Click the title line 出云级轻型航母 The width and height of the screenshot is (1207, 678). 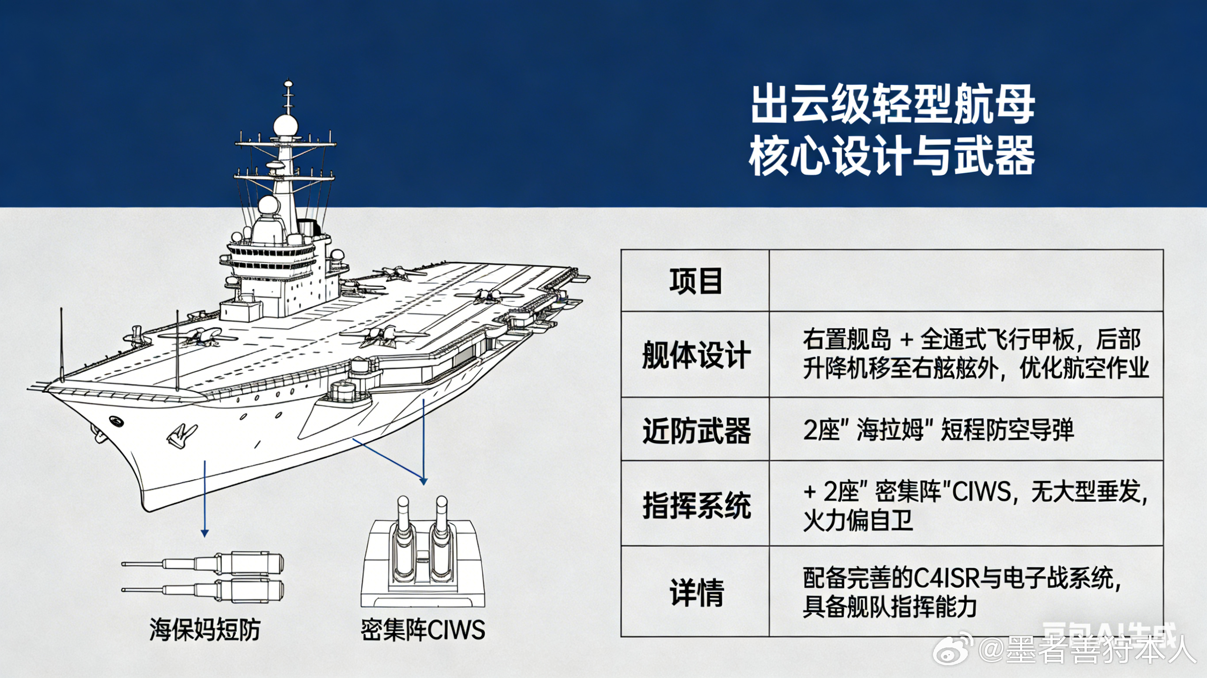893,110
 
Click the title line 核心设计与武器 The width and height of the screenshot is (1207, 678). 893,155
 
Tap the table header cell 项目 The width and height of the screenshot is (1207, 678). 695,281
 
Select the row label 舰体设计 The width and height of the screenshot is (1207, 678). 695,354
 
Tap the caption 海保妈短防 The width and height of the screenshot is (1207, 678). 205,629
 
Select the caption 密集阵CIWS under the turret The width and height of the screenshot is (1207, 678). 423,629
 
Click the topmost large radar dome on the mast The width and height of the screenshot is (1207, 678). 285,126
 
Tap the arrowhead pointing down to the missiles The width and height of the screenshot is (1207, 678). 204,533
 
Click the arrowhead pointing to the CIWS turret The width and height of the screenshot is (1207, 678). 424,481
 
